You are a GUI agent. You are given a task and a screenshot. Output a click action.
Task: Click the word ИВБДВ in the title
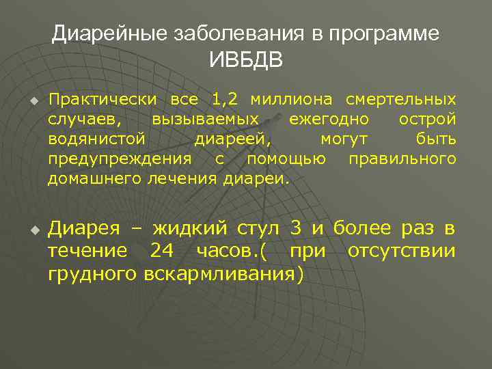[246, 59]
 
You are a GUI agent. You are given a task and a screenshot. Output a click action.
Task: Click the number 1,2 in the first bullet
[225, 100]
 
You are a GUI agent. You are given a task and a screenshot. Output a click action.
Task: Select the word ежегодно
[329, 120]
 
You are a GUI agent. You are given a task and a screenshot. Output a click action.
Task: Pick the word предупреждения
[120, 159]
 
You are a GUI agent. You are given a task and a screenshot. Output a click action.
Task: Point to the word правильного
[402, 159]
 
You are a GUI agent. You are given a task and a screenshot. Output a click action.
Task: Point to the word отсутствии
[401, 251]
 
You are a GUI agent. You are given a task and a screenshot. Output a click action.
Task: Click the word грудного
[94, 273]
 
